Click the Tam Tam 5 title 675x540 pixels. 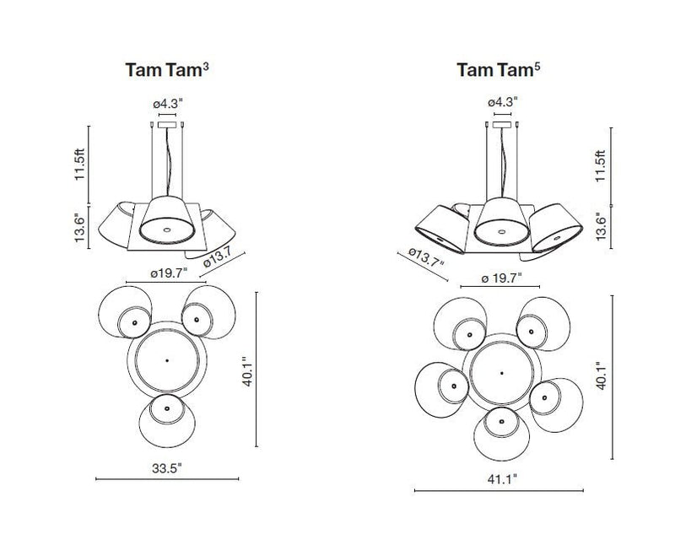(x=499, y=70)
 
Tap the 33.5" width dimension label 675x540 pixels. (x=167, y=469)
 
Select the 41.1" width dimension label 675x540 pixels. (x=501, y=478)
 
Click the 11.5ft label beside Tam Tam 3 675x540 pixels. (x=79, y=161)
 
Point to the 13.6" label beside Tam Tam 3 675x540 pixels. (x=79, y=227)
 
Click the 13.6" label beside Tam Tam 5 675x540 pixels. (x=600, y=227)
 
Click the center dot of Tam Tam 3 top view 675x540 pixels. (x=167, y=360)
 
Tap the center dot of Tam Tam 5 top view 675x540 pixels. (x=501, y=372)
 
